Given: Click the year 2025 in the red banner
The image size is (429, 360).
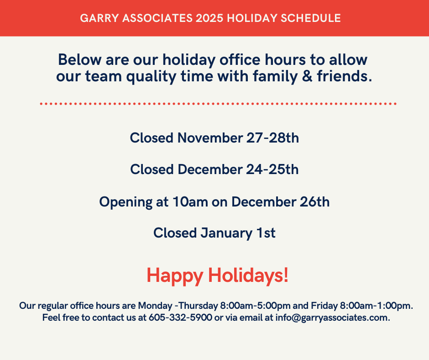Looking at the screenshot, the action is [209, 18].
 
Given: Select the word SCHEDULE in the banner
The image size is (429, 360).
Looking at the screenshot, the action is [310, 18].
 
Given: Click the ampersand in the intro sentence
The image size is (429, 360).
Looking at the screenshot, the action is [307, 76].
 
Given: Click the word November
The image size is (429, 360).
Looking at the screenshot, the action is [210, 138].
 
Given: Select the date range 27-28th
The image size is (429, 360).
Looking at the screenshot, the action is [272, 138].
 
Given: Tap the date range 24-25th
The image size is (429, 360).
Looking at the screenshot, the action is [272, 169].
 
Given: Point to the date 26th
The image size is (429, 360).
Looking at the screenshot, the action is [314, 202].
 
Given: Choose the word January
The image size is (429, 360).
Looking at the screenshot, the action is [226, 233].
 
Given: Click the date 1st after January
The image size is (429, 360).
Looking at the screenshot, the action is [266, 233].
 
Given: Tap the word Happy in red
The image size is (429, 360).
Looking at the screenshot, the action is [175, 276].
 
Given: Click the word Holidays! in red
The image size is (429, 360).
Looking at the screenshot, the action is [248, 275].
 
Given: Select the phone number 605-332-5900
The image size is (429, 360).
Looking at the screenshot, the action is [180, 318].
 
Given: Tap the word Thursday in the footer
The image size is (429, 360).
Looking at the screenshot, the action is [198, 306].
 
